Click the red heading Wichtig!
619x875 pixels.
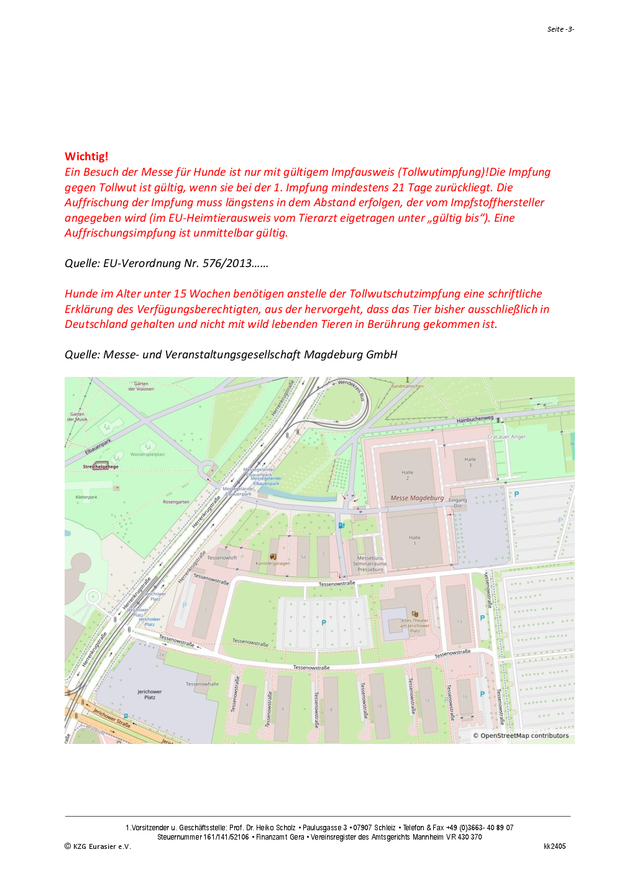click(x=86, y=156)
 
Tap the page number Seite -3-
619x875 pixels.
click(x=561, y=29)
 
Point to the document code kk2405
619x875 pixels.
click(x=554, y=846)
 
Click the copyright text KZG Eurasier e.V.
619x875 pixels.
click(x=101, y=846)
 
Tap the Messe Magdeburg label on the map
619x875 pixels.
click(x=417, y=498)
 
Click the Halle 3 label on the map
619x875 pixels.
click(x=470, y=462)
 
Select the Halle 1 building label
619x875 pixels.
click(x=415, y=540)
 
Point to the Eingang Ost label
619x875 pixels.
click(x=457, y=502)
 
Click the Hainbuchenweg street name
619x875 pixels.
click(x=475, y=420)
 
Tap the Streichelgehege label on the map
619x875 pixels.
click(x=101, y=466)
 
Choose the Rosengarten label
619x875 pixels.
click(x=176, y=502)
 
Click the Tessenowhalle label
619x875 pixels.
click(x=202, y=684)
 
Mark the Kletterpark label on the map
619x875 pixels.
click(x=86, y=497)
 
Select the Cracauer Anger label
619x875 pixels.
click(x=507, y=437)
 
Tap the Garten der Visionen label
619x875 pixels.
click(x=141, y=386)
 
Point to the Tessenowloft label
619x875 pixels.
click(x=222, y=558)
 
